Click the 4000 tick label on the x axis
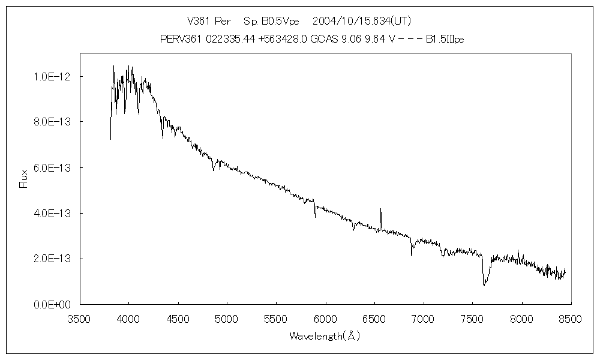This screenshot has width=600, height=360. pyautogui.click(x=128, y=320)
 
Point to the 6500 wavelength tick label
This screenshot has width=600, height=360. pyautogui.click(x=374, y=320)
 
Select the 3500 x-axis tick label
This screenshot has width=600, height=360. pyautogui.click(x=79, y=320)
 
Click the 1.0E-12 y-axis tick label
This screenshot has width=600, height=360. pyautogui.click(x=52, y=76)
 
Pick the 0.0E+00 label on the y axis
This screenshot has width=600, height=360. pyautogui.click(x=52, y=304)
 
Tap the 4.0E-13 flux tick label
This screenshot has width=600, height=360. pyautogui.click(x=52, y=213)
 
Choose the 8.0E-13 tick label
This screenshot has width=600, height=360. pyautogui.click(x=52, y=122)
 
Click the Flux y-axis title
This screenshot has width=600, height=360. pyautogui.click(x=24, y=179)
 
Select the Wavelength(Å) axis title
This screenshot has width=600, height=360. pyautogui.click(x=325, y=336)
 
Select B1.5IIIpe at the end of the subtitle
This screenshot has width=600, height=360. pyautogui.click(x=445, y=40)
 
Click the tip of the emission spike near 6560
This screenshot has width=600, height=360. pyautogui.click(x=380, y=209)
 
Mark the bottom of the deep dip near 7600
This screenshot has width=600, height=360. pyautogui.click(x=484, y=285)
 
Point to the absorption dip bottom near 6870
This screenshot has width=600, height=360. pyautogui.click(x=412, y=256)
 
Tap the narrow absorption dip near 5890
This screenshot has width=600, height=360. pyautogui.click(x=315, y=217)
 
